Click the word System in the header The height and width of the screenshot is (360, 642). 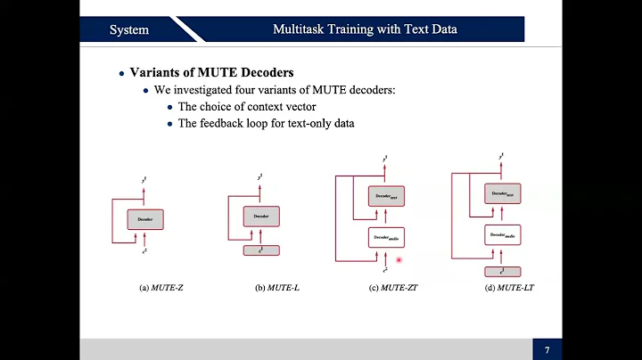(128, 29)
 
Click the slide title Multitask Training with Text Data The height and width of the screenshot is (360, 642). (365, 29)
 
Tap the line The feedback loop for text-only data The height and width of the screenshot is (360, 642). (266, 123)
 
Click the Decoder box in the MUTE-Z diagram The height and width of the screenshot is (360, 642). (145, 217)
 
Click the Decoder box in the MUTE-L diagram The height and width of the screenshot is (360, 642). (260, 217)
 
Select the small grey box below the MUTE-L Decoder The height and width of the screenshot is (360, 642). (260, 250)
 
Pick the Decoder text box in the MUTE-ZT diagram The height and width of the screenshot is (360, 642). (385, 196)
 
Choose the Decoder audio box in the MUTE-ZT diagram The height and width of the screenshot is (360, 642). (385, 237)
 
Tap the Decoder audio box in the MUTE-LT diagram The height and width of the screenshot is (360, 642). (502, 235)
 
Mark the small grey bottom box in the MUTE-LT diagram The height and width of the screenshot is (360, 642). (502, 271)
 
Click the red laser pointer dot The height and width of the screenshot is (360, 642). (399, 260)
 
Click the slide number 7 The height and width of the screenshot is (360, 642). (546, 348)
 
